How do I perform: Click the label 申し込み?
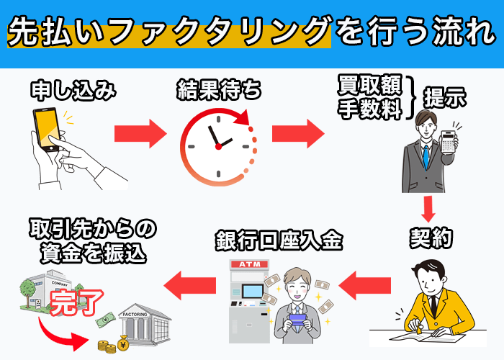pos(73,91)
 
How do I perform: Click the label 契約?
pos(431,238)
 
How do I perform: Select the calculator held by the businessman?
pos(451,141)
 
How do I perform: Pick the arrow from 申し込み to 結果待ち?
pos(140,133)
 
